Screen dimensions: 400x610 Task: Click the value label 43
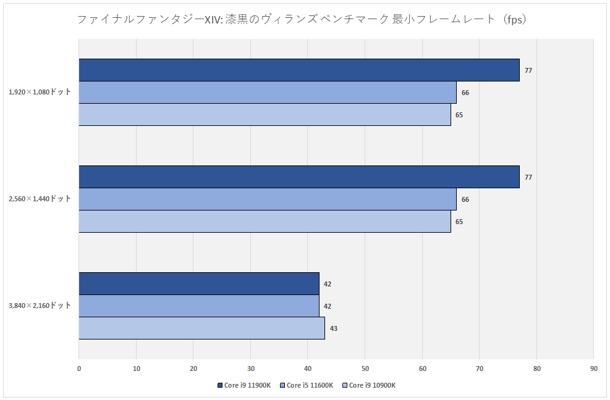click(333, 328)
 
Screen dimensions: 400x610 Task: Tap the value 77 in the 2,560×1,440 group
click(528, 177)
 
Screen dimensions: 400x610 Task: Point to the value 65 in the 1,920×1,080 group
click(459, 115)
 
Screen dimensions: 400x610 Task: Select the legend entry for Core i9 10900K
click(369, 385)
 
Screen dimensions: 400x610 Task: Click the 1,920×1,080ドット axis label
click(40, 92)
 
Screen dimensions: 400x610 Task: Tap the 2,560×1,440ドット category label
click(40, 199)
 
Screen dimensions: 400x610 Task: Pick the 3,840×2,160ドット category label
click(40, 306)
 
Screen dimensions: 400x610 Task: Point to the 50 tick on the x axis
click(365, 369)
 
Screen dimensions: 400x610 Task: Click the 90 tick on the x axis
click(593, 369)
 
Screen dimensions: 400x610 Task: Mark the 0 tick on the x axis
click(79, 369)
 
